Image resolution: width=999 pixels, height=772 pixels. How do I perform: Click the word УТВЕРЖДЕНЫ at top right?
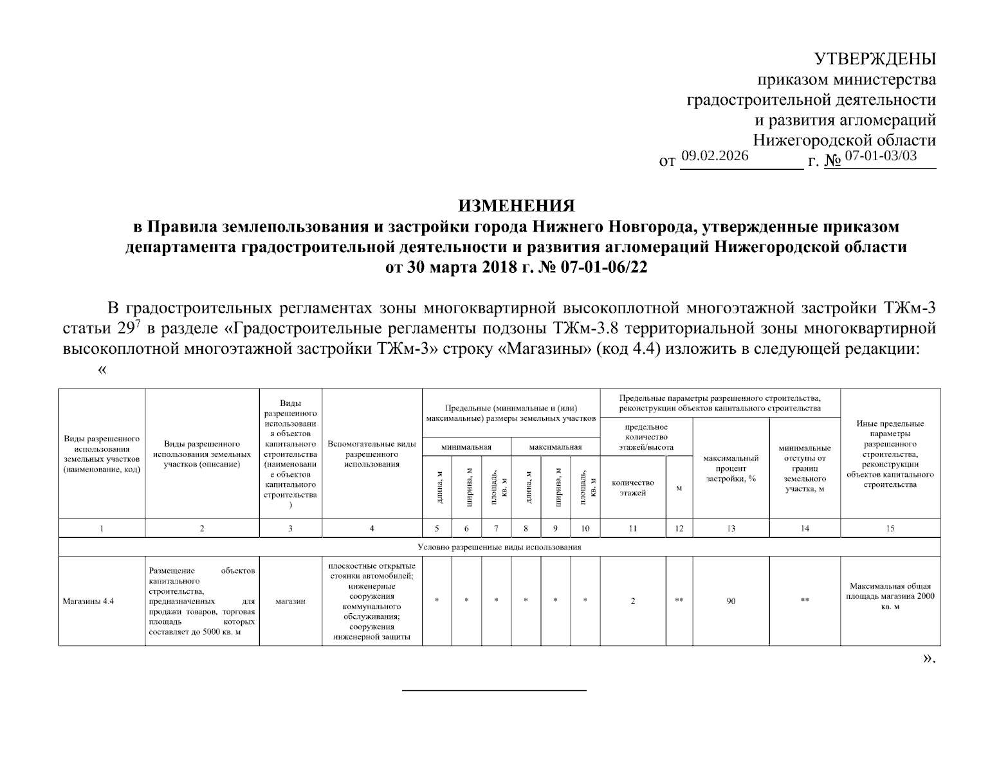coord(875,59)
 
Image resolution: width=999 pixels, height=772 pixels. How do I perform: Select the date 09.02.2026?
coord(715,155)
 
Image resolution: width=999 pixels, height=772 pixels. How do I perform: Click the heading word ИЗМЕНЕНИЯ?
coord(516,206)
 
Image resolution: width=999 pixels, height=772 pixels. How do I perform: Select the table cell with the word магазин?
coord(290,602)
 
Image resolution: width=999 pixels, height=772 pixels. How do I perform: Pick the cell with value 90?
coord(731,602)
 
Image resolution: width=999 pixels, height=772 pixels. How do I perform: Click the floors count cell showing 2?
coord(633,602)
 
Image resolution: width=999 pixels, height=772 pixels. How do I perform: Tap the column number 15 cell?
coord(890,528)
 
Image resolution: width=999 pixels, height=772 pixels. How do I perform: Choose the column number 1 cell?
coord(102,528)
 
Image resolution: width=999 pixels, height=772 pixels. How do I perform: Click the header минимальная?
coord(466,447)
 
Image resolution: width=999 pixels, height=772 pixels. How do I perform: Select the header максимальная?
coord(555,447)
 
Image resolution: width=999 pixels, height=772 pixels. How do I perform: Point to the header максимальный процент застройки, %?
coord(731,468)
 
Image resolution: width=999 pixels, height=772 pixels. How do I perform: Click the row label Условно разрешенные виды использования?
coord(499,547)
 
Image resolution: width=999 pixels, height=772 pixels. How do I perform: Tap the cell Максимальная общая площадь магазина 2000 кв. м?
coord(890,596)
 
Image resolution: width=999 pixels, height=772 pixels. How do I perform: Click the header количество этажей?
coord(633,488)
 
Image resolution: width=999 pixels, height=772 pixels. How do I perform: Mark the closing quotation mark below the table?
coord(928,658)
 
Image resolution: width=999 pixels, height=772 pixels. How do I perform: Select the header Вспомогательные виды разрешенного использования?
coord(372,454)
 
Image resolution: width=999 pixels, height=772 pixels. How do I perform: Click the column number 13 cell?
coord(731,528)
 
